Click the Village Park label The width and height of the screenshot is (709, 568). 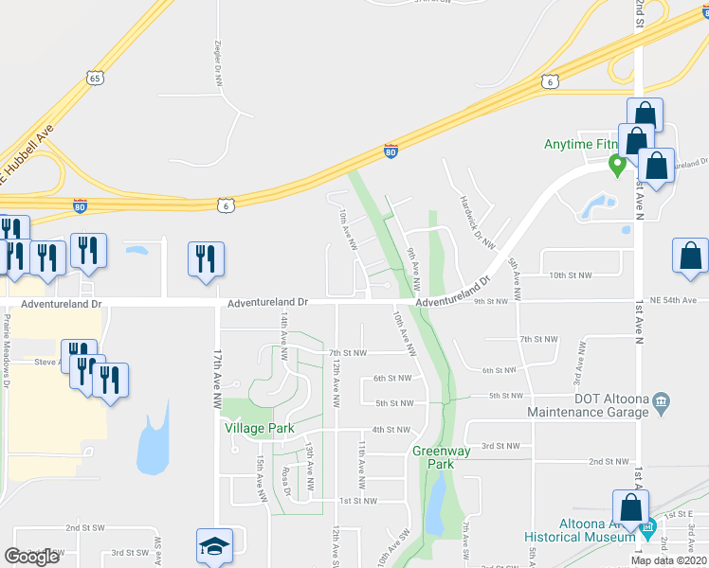pyautogui.click(x=259, y=428)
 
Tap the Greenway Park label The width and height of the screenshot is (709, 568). pyautogui.click(x=441, y=457)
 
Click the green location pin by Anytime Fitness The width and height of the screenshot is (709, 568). pyautogui.click(x=616, y=166)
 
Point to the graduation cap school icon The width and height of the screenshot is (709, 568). pyautogui.click(x=214, y=545)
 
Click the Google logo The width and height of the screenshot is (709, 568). pyautogui.click(x=31, y=557)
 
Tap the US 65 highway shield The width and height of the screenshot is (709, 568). pyautogui.click(x=92, y=79)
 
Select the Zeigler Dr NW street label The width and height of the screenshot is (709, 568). pyautogui.click(x=217, y=62)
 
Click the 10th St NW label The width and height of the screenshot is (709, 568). pyautogui.click(x=572, y=275)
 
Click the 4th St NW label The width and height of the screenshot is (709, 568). pyautogui.click(x=391, y=430)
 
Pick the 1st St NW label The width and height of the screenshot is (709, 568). pyautogui.click(x=358, y=500)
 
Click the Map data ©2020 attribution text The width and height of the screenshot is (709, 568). pyautogui.click(x=668, y=560)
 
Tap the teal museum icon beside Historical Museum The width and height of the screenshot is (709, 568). pyautogui.click(x=647, y=527)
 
